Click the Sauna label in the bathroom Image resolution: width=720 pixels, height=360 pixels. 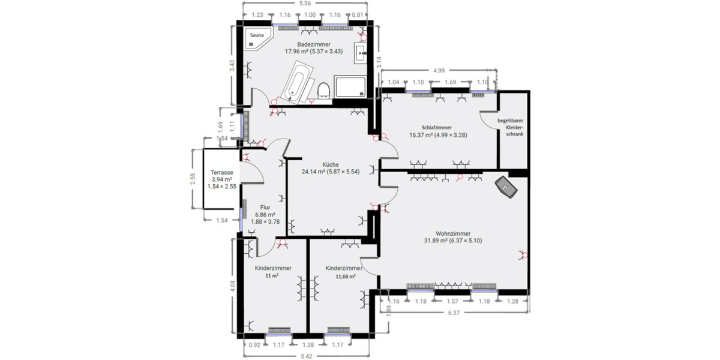point(256,35)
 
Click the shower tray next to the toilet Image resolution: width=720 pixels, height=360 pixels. point(350,87)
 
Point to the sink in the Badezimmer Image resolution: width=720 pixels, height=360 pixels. point(362,53)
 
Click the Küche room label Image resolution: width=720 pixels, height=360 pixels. point(331,164)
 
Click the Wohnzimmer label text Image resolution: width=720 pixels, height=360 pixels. point(453,233)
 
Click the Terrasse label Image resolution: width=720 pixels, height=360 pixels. point(221,172)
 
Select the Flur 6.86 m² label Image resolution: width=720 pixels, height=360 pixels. point(265,214)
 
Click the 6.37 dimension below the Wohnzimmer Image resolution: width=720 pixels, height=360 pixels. point(454,313)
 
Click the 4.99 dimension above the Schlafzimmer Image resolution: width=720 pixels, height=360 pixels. point(439,71)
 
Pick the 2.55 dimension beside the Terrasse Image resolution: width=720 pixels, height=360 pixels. point(193,181)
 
